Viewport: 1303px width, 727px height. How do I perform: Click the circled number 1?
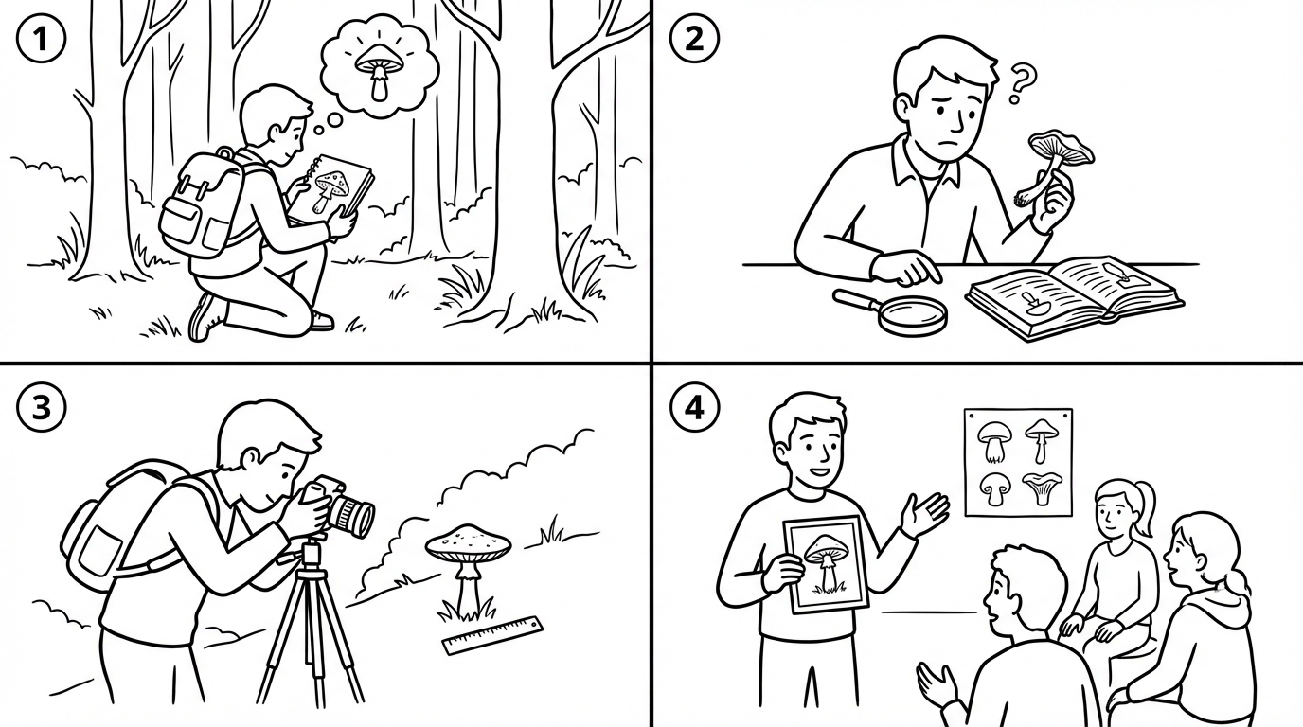41,40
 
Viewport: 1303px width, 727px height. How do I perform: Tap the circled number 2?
694,40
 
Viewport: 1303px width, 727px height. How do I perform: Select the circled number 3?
41,406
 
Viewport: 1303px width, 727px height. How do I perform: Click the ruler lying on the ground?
492,635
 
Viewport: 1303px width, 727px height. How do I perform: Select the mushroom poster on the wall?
1019,462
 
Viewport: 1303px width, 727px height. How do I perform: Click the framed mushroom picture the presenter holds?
826,563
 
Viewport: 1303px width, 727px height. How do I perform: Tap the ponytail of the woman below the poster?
1144,507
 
